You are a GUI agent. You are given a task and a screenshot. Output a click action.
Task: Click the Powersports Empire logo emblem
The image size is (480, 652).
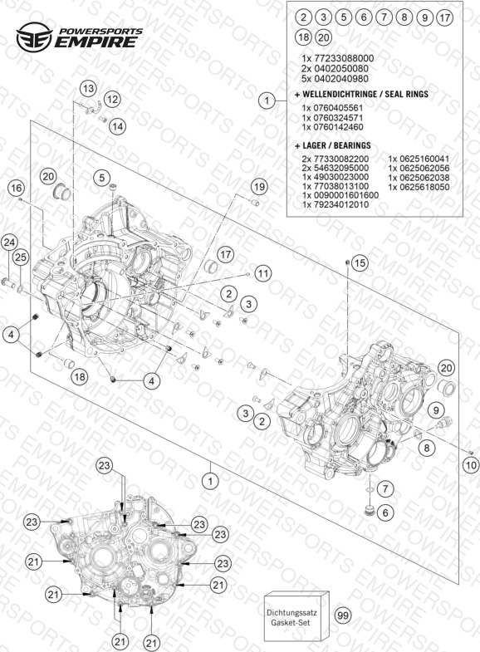(x=35, y=37)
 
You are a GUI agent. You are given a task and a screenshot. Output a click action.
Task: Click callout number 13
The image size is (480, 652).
(x=88, y=89)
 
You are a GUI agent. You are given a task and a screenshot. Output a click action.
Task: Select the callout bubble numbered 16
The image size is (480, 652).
(x=17, y=188)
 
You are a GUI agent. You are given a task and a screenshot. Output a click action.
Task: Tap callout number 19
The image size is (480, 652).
(x=259, y=187)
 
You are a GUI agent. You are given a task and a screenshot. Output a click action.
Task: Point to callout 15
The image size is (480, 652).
(x=360, y=262)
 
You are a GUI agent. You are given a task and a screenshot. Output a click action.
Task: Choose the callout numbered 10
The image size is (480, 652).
(x=471, y=464)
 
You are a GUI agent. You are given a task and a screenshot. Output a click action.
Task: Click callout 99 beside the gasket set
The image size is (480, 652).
(x=343, y=615)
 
